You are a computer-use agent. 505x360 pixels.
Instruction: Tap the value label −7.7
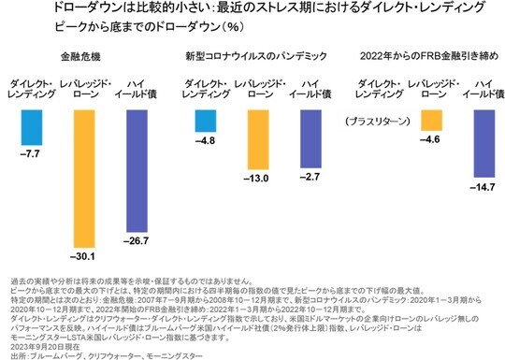click(32, 149)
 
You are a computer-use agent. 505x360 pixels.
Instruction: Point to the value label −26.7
click(135, 242)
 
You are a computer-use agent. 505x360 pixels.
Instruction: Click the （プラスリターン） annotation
click(380, 122)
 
